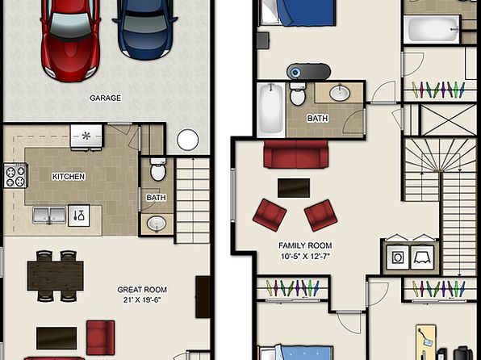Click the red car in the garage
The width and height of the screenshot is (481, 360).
coord(70,39)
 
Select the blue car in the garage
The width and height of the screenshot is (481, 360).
coord(145,27)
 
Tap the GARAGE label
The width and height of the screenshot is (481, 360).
coord(105,98)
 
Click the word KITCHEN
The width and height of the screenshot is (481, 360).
coord(69,177)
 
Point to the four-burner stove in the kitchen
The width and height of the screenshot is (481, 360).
coord(15,175)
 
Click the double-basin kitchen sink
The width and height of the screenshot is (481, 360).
coord(49,216)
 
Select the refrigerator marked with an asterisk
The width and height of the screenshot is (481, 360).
coord(86,137)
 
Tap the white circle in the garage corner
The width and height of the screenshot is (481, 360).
coord(188,140)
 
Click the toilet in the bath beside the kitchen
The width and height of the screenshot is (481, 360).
coord(158,170)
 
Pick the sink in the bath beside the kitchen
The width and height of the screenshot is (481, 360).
coord(157,224)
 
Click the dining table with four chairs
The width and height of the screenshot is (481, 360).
coord(55,275)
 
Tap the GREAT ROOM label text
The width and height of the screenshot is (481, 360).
coord(142,290)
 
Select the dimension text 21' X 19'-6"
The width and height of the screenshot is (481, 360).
coord(142,299)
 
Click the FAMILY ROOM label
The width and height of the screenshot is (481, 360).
coord(305,245)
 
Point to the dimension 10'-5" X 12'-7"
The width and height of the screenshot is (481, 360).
coord(305,256)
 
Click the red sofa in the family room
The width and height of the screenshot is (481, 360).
coord(295,154)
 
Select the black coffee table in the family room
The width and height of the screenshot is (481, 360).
coord(294,188)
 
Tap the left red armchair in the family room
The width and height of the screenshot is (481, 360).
coord(270,215)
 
